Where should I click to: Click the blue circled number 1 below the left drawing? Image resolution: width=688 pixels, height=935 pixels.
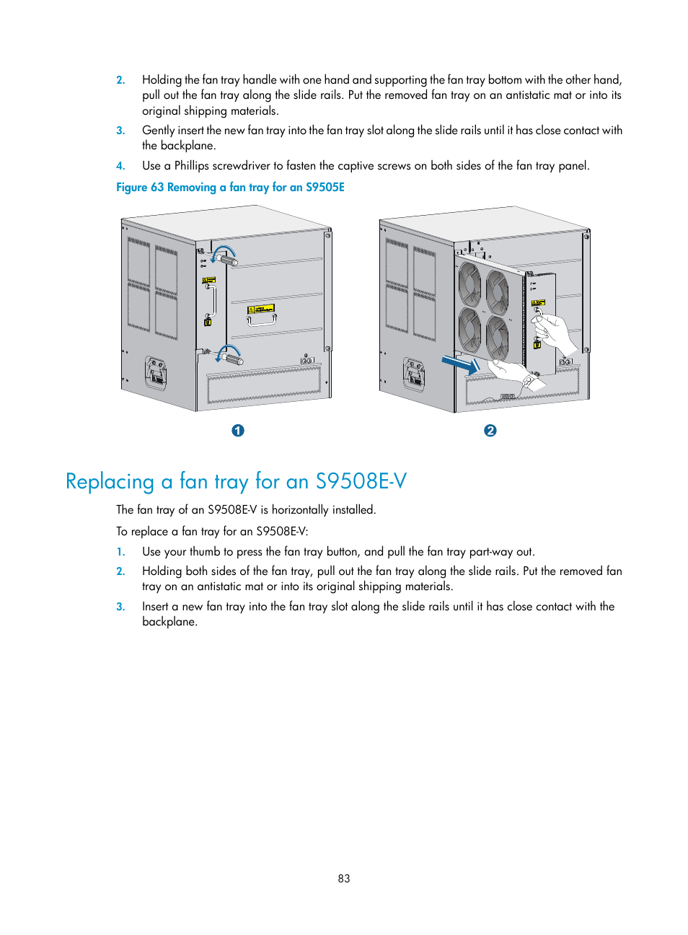coord(238,431)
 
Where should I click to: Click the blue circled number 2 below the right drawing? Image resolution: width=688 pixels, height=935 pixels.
coord(490,431)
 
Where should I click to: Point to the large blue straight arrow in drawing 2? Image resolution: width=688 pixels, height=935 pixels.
coord(459,365)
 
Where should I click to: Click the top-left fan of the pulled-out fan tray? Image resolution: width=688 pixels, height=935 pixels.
coord(470,284)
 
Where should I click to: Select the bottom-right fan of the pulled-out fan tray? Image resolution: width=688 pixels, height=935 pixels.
coord(497,338)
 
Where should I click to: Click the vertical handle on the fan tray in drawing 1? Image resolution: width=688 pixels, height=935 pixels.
coord(211,301)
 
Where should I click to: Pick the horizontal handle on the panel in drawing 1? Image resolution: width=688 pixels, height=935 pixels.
coord(261,318)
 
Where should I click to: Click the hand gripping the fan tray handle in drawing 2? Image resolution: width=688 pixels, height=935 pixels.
coord(555,332)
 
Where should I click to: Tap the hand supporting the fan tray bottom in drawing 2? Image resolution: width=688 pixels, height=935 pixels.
coord(513,373)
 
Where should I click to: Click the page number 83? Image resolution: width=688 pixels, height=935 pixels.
coord(344,879)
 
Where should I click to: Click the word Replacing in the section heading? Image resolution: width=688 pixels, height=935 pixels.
coord(110,481)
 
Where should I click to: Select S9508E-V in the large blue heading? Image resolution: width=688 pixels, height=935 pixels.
coord(361,481)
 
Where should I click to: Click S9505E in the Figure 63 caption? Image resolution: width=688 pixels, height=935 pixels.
coord(325,188)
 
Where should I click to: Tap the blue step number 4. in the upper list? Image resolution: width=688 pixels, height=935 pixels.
coord(120,166)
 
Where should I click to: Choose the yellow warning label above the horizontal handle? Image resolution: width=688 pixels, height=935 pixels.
coord(260,309)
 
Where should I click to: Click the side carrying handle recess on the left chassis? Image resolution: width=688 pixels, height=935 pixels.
coord(156,372)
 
